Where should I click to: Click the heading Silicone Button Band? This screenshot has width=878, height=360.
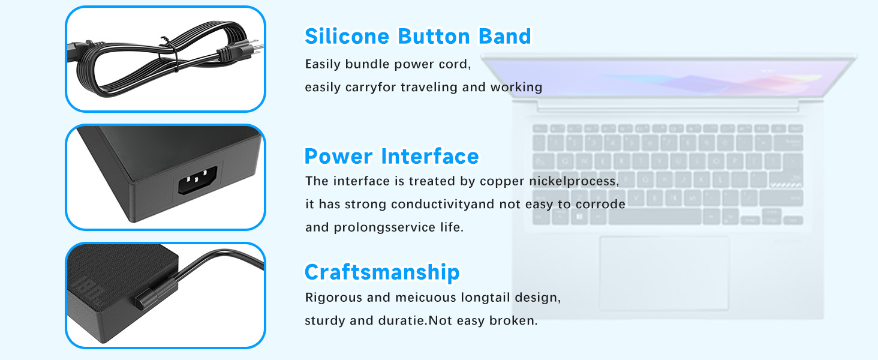tap(418, 37)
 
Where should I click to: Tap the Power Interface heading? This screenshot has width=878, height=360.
tap(392, 156)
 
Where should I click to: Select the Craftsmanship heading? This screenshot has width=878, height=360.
tap(382, 272)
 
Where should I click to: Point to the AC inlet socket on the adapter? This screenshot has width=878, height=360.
tap(197, 181)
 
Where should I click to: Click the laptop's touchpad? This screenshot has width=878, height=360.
tap(663, 273)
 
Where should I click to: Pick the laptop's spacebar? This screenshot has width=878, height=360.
tap(654, 217)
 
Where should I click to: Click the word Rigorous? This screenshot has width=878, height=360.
tap(333, 298)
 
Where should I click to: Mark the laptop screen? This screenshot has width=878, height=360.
tap(668, 77)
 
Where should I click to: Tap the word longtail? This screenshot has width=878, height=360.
tap(485, 298)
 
